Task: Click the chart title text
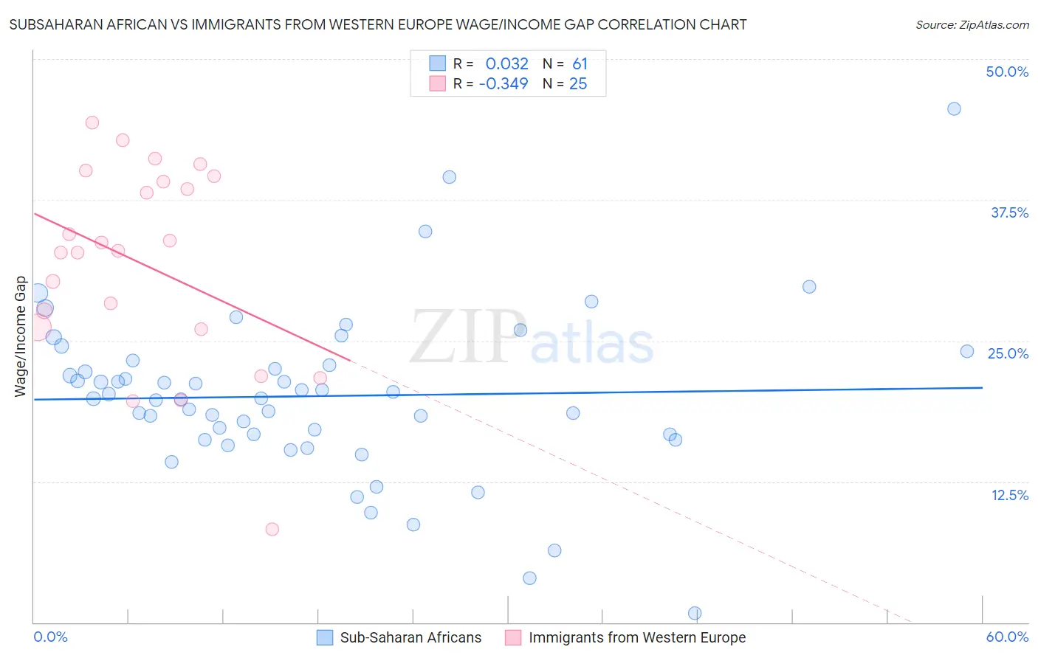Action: coord(377,25)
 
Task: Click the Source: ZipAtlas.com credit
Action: coord(972,25)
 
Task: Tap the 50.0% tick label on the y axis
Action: coord(1007,72)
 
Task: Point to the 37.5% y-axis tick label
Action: coord(1009,212)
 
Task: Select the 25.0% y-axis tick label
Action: coord(1008,353)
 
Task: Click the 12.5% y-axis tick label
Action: coord(1009,495)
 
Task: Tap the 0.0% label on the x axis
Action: coord(50,637)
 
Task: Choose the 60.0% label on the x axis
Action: coord(1007,637)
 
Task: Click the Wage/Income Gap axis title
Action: coord(21,336)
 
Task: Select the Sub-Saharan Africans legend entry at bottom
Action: coord(410,637)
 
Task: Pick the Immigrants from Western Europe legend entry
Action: coord(636,637)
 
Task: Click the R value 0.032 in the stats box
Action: coord(506,64)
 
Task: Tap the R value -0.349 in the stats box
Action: coord(503,84)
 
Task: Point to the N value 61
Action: coord(580,64)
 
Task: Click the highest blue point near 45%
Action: coord(954,109)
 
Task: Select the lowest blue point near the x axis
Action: coord(695,613)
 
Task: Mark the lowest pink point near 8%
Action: coord(272,529)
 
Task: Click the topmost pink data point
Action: coord(92,122)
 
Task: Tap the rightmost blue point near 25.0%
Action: coord(967,351)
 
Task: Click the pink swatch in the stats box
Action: coord(438,84)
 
